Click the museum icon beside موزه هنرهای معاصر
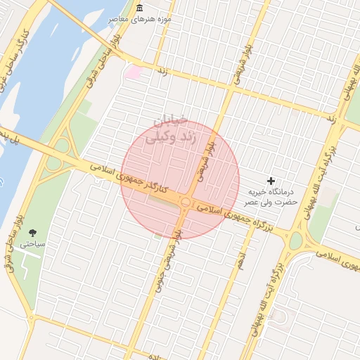point(139,8)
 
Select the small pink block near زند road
point(132,71)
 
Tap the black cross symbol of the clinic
point(272,181)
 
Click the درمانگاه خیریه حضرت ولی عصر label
point(272,197)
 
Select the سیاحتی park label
point(32,244)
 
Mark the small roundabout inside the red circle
point(185,202)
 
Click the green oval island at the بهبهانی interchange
point(296,240)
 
